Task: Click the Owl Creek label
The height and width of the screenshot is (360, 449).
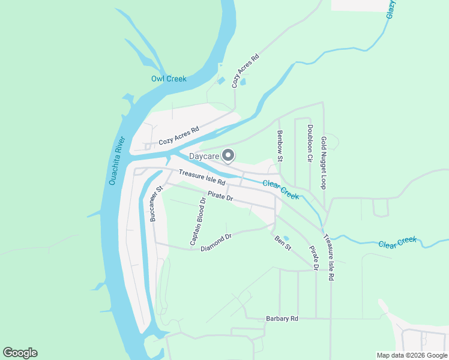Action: tap(169, 79)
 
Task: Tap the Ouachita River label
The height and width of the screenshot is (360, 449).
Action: tap(116, 161)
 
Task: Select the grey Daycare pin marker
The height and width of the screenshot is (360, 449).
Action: tap(228, 155)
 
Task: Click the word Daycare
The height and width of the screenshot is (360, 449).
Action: tap(204, 157)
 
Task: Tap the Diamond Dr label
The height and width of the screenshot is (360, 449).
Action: tap(215, 242)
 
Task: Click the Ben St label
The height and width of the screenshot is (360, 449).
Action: tap(282, 243)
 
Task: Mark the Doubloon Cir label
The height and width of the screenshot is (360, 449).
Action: tap(310, 143)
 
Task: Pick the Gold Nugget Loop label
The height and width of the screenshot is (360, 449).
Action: tap(324, 163)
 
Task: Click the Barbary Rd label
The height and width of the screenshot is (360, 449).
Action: tap(282, 319)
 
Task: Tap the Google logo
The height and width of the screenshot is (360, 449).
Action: tap(20, 353)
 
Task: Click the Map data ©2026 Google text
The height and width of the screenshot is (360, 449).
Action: tap(412, 355)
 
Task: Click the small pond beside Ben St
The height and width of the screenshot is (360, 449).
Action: tap(285, 238)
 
